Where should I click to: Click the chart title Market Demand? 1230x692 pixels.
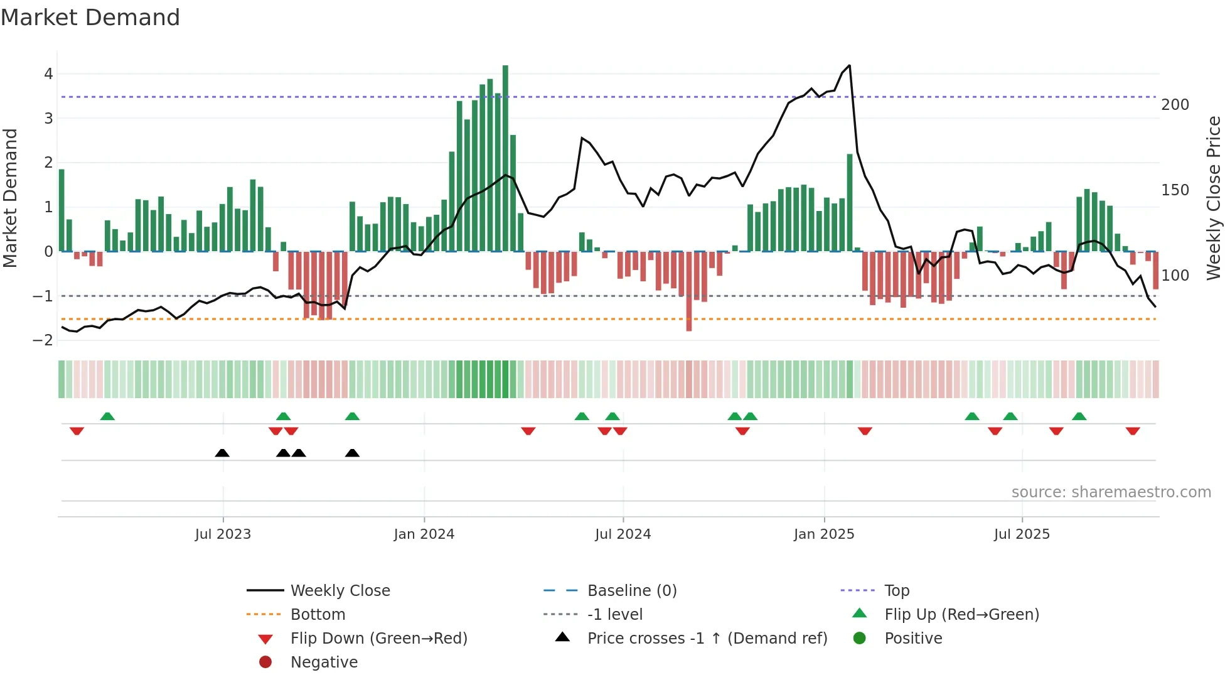click(x=90, y=18)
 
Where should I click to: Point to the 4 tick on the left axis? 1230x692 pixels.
click(x=48, y=74)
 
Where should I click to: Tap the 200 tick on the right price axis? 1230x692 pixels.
click(x=1175, y=105)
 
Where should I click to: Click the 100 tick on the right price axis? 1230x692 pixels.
click(x=1175, y=276)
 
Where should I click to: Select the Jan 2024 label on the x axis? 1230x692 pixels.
click(x=424, y=534)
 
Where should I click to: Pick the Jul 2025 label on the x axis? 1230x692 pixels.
click(x=1021, y=534)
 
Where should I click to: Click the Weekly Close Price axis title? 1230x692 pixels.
click(x=1214, y=198)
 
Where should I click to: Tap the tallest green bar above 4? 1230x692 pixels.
click(x=505, y=157)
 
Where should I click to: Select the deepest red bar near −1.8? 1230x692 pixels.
click(x=688, y=292)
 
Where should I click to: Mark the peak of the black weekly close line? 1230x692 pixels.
click(x=849, y=65)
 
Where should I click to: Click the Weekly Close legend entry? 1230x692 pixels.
click(x=340, y=591)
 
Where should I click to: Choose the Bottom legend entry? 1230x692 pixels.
click(x=318, y=615)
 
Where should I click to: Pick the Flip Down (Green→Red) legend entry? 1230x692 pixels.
click(x=378, y=639)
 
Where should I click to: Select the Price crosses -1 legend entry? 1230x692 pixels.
click(x=707, y=639)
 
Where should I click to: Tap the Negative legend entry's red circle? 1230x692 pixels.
click(x=265, y=662)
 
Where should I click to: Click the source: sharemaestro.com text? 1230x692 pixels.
click(x=1111, y=492)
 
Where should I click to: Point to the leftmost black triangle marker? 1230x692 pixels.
click(x=222, y=453)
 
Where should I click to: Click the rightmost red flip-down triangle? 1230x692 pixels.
click(x=1133, y=431)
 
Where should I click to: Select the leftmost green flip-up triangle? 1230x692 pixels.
click(x=107, y=416)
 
